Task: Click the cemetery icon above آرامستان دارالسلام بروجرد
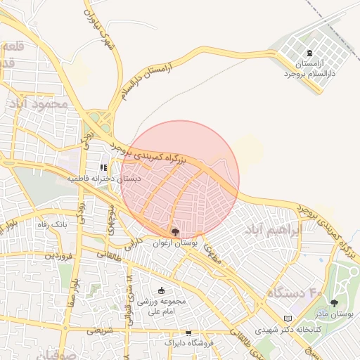pyautogui.click(x=310, y=53)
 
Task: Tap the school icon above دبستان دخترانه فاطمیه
pyautogui.click(x=103, y=168)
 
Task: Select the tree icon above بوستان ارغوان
pyautogui.click(x=175, y=231)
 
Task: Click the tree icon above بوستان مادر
pyautogui.click(x=334, y=303)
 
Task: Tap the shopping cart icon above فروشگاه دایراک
pyautogui.click(x=188, y=333)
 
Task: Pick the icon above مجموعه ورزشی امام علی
pyautogui.click(x=162, y=291)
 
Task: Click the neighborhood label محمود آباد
pyautogui.click(x=40, y=103)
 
